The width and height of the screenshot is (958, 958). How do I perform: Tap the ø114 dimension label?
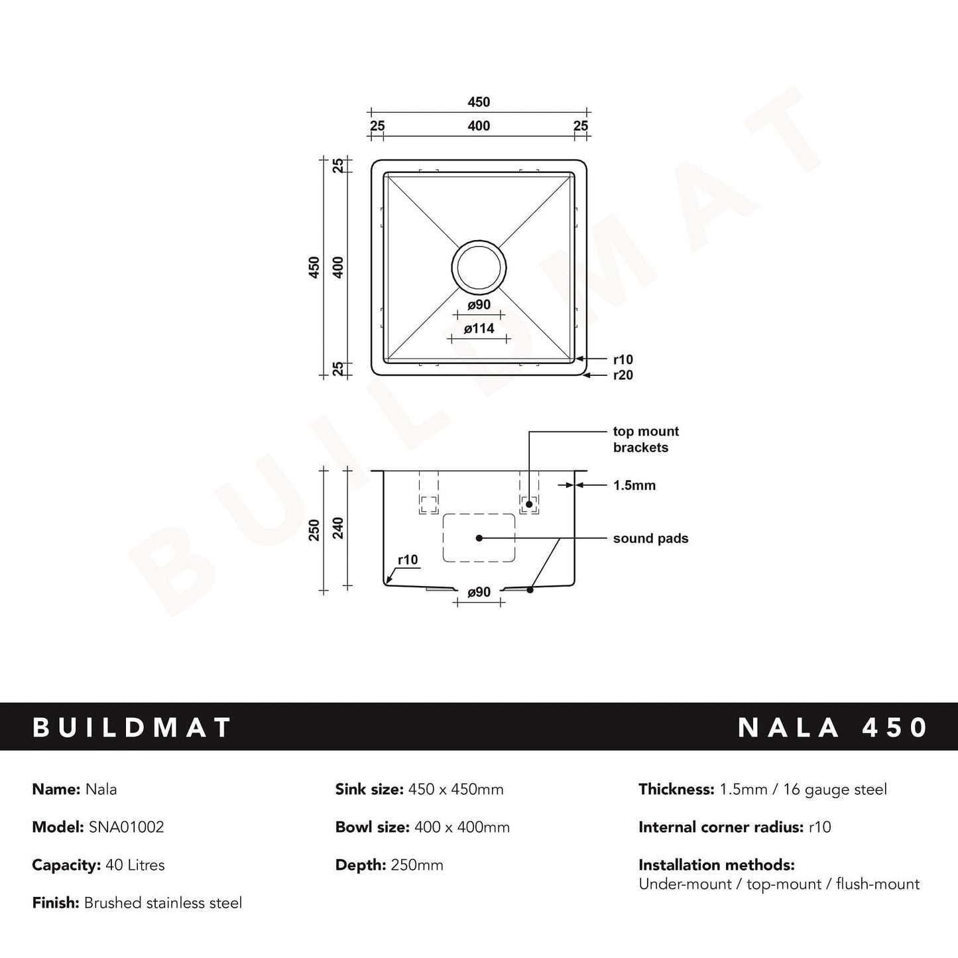point(479,328)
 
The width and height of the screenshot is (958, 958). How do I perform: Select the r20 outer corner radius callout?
point(623,375)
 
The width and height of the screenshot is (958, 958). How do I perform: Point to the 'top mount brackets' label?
point(645,439)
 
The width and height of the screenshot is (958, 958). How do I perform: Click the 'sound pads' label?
point(650,538)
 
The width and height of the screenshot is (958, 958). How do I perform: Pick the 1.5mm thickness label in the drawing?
point(634,485)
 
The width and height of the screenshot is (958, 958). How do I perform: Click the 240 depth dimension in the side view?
point(338,528)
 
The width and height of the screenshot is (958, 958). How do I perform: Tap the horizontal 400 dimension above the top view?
point(479,126)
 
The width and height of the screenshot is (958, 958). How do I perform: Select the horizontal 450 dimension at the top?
point(479,102)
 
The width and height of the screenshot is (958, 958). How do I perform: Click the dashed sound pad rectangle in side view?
point(479,538)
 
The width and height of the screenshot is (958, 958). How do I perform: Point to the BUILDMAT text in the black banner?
point(132,727)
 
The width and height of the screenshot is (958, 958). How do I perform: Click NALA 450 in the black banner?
point(833,727)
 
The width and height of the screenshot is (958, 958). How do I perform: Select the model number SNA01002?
point(126,827)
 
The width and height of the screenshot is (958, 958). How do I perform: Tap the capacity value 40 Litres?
point(135,865)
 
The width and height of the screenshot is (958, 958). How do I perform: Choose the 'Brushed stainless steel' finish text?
point(163,903)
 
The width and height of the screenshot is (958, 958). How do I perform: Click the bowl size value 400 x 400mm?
point(461,827)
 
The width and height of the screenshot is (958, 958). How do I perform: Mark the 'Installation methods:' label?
point(716,865)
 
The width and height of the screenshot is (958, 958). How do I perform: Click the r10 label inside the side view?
point(408,560)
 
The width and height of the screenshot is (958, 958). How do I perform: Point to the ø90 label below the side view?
point(479,592)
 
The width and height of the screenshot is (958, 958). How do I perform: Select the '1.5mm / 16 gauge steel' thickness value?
point(803,790)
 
